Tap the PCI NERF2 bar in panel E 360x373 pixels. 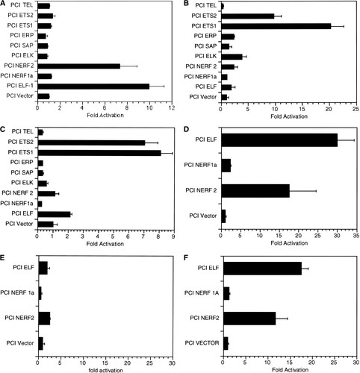pos(43,318)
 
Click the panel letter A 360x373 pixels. pos(4,4)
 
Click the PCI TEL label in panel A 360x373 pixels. pos(22,5)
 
